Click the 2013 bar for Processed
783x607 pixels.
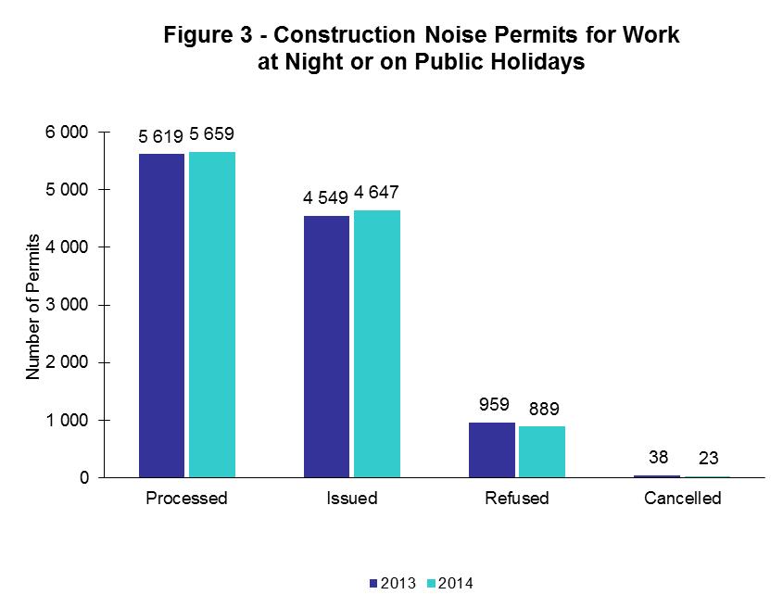[x=161, y=315]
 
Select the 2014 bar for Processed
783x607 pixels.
[x=212, y=314]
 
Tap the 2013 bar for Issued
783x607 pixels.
[x=326, y=347]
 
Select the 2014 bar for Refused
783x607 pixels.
[x=542, y=451]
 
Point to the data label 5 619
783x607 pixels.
[x=161, y=137]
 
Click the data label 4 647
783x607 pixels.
[x=376, y=195]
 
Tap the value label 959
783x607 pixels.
[x=491, y=405]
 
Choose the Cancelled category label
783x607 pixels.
[x=682, y=499]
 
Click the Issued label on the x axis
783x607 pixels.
[x=351, y=499]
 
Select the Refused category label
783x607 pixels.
[x=517, y=499]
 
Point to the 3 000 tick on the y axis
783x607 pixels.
[x=69, y=305]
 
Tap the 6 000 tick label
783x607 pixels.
[x=69, y=133]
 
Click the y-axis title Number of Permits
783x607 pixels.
[x=33, y=306]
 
